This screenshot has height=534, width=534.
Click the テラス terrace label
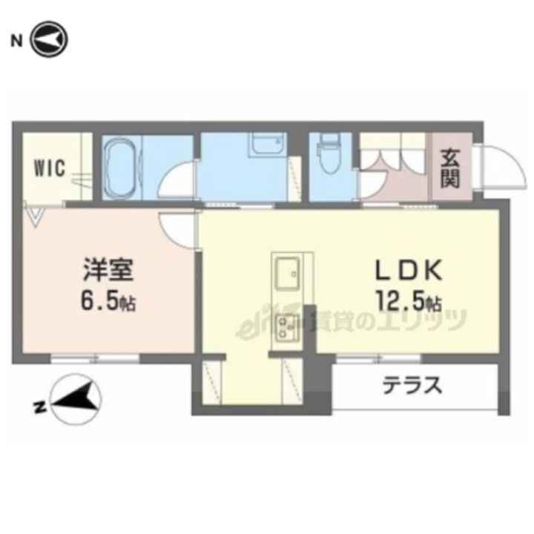click(x=412, y=386)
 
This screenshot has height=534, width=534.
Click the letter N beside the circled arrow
click(x=15, y=39)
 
